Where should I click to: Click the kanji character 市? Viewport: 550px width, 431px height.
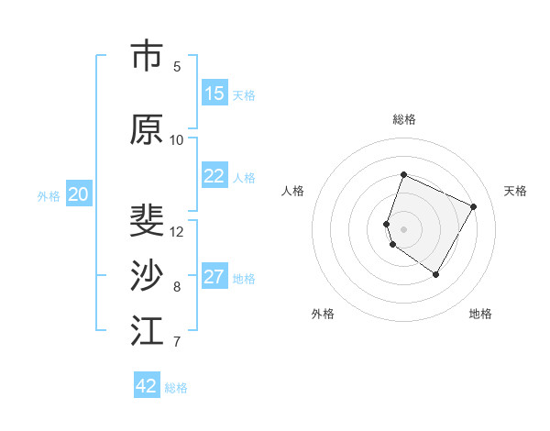coord(147,57)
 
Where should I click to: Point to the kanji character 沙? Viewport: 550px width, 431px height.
coord(147,276)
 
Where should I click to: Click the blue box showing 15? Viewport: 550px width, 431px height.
coord(214,94)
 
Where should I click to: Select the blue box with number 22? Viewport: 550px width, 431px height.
coord(214,177)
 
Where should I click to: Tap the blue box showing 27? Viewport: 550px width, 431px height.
coord(214,278)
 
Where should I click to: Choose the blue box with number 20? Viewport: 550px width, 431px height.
coord(79,194)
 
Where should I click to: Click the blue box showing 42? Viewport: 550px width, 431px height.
coord(147,386)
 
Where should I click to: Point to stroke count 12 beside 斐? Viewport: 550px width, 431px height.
coord(178,231)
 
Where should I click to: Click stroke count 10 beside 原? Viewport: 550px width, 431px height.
coord(177,139)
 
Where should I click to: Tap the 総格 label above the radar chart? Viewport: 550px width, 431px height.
coord(404,119)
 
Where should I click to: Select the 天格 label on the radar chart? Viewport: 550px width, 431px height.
coord(515,191)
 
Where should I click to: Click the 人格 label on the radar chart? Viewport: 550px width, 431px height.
coord(293,191)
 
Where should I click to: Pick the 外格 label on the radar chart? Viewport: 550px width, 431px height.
coord(323,314)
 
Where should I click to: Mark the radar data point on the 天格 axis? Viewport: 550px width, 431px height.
coord(474,206)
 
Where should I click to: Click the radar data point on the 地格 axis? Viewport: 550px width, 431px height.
coord(436,275)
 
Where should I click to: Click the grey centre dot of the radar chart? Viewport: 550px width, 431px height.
coord(403,228)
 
